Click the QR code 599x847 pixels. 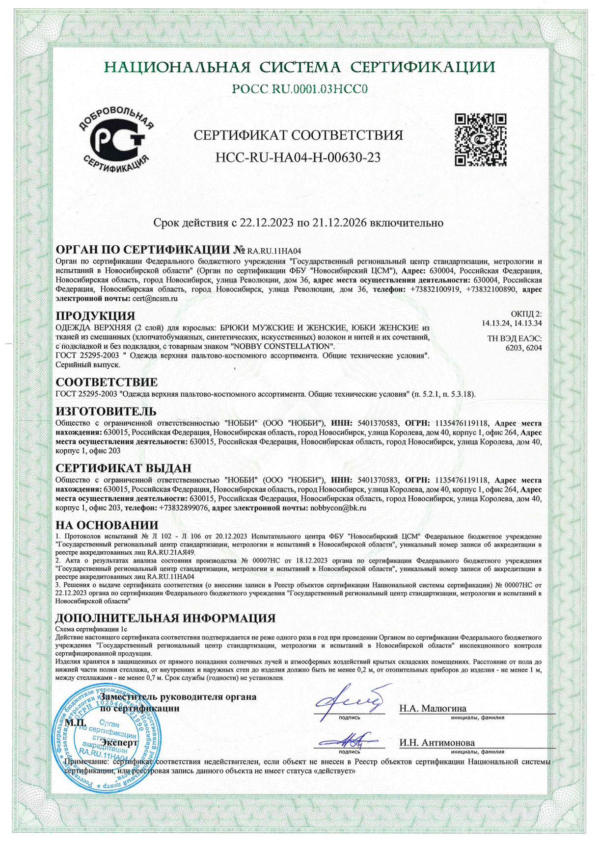480,139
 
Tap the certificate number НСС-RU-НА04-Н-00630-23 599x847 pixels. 298,157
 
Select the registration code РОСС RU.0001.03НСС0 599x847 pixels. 300,89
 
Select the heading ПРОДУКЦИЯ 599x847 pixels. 95,315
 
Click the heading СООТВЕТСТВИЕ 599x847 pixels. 107,382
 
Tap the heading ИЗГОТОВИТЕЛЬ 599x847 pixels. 106,411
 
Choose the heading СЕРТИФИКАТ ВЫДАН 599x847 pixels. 123,468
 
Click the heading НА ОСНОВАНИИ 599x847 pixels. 107,525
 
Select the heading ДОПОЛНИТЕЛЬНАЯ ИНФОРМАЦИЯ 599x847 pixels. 165,617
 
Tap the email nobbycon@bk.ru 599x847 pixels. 339,508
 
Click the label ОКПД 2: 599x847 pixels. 526,314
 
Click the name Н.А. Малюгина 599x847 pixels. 433,708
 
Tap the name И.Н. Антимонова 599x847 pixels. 437,743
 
